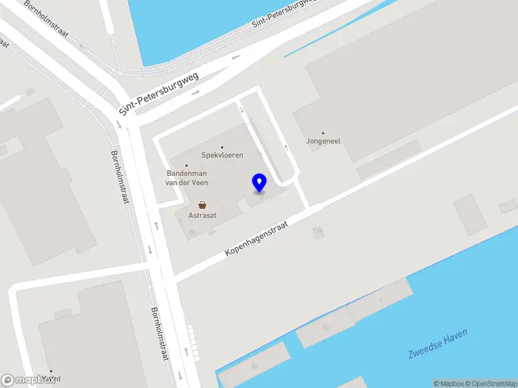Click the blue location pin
pos(260,182)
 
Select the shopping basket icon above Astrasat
pos(202,204)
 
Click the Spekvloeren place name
pos(222,156)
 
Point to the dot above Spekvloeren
pos(222,147)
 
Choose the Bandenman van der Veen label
pos(187,178)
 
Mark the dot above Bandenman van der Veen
pos(186,166)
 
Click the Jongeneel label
pos(323,141)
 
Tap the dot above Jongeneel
pos(323,133)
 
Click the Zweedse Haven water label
pos(438,344)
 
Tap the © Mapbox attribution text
pos(449,383)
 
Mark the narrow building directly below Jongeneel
pos(389,168)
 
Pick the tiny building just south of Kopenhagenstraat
pos(318,231)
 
